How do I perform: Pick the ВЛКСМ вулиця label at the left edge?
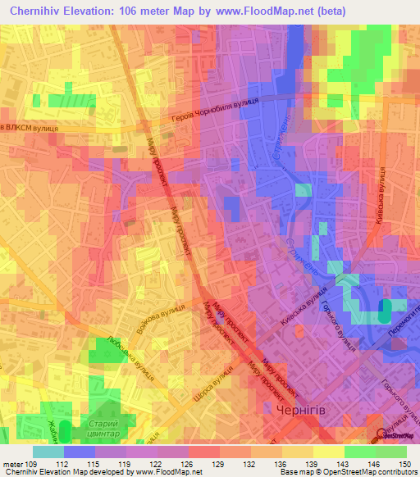tap(28, 128)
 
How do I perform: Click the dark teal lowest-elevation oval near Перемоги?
tap(384, 311)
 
